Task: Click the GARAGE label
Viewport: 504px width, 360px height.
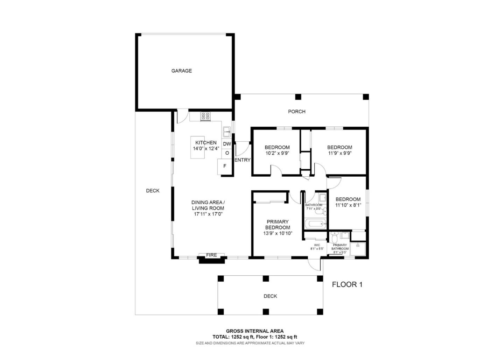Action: tap(181, 71)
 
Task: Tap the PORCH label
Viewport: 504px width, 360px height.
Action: tap(296, 112)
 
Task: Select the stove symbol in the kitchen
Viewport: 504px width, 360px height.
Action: tap(205, 116)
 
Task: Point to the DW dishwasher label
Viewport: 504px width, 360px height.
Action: tap(227, 144)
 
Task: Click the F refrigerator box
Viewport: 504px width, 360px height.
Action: tap(225, 166)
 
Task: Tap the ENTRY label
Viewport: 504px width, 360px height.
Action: tap(242, 160)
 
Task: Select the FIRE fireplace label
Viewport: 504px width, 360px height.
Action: tap(211, 255)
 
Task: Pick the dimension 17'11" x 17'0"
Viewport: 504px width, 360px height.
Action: tap(208, 214)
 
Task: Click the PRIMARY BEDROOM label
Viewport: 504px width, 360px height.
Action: tap(278, 225)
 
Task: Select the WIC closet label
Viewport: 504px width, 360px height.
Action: tap(317, 245)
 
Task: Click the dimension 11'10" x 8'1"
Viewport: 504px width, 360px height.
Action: tap(348, 205)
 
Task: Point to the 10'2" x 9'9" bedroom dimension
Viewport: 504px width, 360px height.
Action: tap(277, 153)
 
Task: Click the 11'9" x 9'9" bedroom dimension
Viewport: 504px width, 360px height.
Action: tap(339, 153)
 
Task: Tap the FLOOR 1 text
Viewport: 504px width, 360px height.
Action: tap(347, 284)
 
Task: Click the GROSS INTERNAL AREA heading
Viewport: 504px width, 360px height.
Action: tap(254, 331)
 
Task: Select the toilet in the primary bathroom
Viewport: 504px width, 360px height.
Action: tap(334, 238)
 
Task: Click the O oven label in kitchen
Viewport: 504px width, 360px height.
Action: tap(227, 153)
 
